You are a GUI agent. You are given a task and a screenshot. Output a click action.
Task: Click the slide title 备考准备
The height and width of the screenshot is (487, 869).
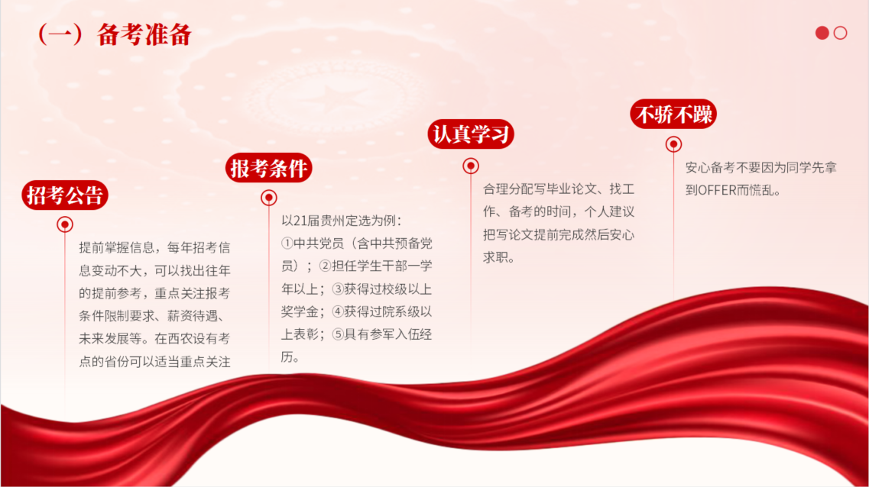[x=144, y=34]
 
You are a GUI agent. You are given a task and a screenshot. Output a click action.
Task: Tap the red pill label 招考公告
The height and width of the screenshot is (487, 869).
[x=65, y=195]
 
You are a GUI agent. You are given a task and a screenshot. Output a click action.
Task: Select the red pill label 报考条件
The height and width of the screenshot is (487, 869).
[x=269, y=168]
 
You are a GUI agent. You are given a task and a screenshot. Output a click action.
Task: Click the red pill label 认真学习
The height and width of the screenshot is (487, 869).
[x=471, y=134]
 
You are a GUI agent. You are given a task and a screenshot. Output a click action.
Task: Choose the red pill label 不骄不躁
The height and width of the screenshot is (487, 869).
[x=673, y=114]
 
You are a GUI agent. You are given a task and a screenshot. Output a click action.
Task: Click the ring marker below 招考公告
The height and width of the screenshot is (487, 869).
[x=65, y=224]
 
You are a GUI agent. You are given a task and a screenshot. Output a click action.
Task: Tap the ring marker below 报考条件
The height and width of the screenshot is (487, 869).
[x=269, y=198]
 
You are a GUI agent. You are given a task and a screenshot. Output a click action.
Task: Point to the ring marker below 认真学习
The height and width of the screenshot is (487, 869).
[x=471, y=166]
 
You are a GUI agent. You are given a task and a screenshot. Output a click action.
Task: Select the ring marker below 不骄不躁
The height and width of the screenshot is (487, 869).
[x=673, y=144]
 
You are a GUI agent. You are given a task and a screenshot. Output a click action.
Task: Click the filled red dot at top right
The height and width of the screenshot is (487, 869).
[x=822, y=34]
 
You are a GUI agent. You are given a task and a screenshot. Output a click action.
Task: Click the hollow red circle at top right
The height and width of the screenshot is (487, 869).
[x=840, y=34]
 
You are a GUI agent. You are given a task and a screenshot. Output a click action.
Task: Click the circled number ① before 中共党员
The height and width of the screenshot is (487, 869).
[x=287, y=243]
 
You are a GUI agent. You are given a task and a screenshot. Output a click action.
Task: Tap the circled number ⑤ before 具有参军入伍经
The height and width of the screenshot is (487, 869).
[x=338, y=334]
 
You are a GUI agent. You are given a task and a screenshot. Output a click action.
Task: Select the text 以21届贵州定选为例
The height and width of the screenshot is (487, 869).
[x=338, y=221]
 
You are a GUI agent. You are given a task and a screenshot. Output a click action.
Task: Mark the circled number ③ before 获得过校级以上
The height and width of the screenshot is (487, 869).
[x=338, y=289]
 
